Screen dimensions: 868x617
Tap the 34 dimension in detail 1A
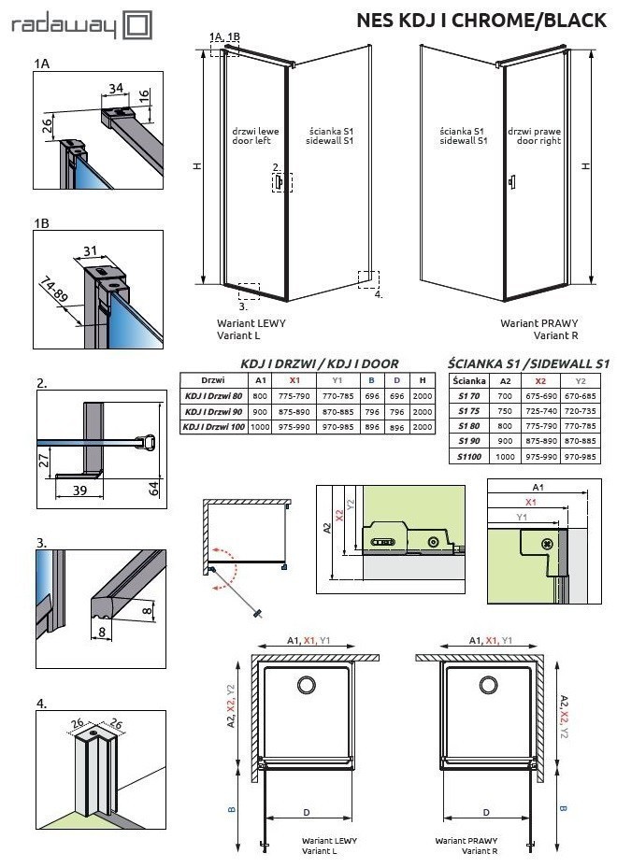tap(117, 89)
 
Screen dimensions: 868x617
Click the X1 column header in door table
tap(294, 380)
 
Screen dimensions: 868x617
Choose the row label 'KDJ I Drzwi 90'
tap(212, 411)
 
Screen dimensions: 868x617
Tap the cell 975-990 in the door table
tap(294, 427)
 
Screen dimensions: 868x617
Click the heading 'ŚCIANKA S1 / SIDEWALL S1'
tap(528, 363)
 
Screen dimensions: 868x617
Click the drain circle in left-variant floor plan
tap(306, 686)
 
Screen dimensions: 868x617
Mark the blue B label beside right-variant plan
tap(562, 807)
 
